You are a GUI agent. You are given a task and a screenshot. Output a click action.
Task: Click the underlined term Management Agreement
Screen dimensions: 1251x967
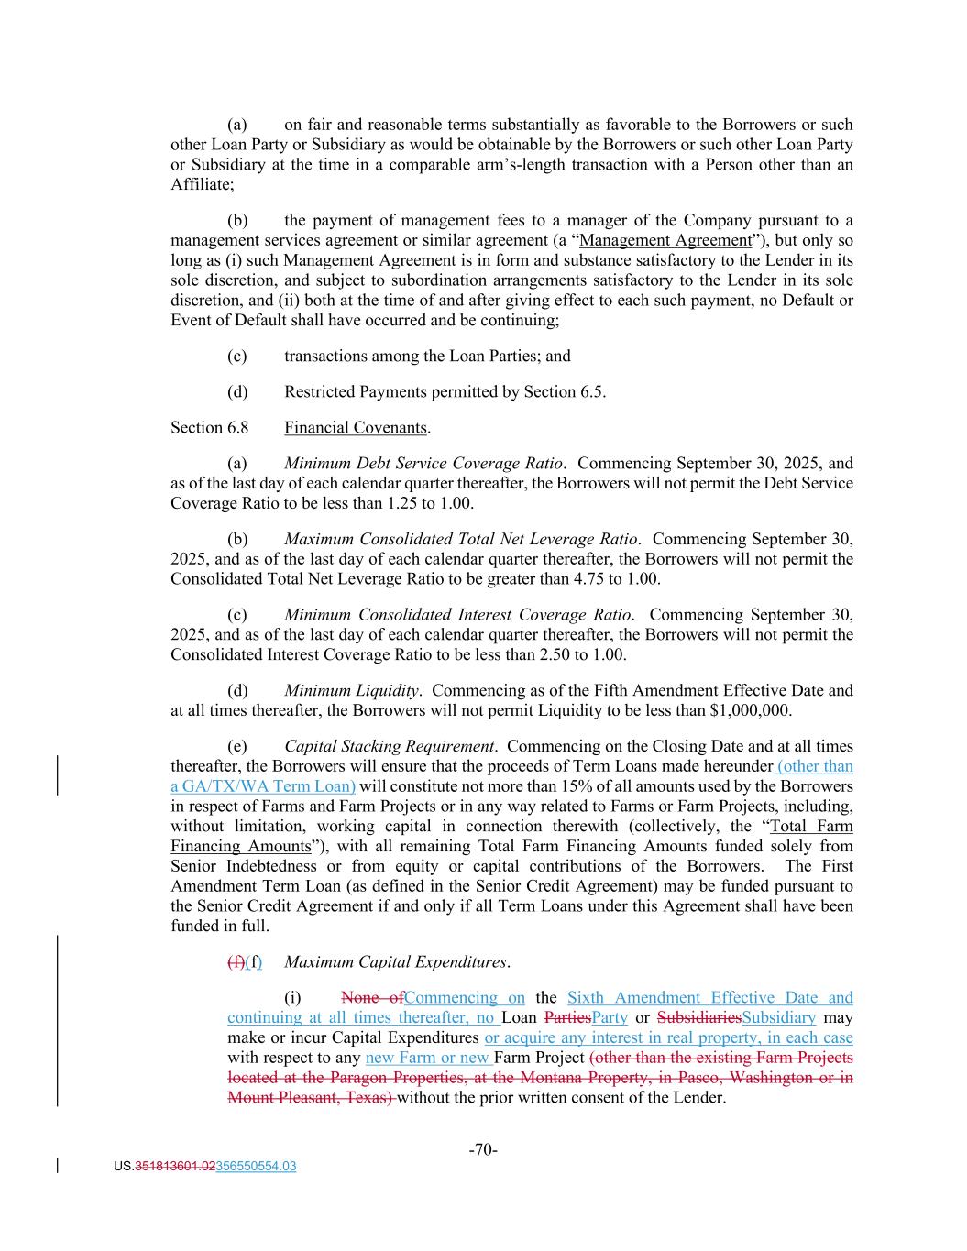point(666,240)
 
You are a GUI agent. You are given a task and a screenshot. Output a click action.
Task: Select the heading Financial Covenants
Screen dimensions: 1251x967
point(356,428)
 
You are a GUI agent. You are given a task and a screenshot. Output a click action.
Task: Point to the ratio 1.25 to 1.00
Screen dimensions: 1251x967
point(430,503)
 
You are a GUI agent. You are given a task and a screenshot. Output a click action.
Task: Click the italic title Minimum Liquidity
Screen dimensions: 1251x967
point(352,690)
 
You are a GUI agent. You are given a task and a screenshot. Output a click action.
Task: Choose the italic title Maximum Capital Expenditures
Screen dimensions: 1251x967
point(396,961)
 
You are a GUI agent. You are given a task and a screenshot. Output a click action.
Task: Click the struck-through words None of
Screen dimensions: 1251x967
point(372,997)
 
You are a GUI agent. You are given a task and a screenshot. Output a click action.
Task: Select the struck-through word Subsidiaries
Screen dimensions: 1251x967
point(699,1017)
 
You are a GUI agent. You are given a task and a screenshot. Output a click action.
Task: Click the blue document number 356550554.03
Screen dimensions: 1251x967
point(256,1167)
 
